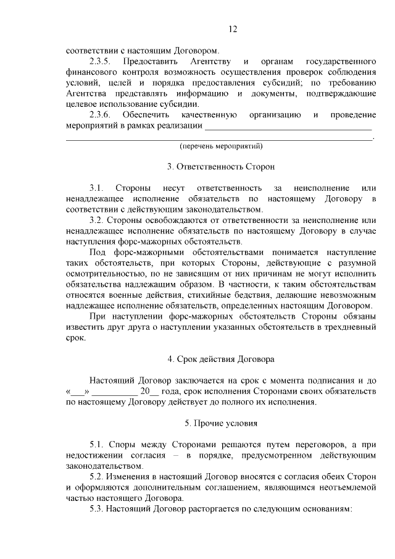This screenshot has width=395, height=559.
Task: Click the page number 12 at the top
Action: [233, 29]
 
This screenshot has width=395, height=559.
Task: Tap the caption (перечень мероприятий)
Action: [221, 147]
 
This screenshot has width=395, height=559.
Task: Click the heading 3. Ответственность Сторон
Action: [221, 167]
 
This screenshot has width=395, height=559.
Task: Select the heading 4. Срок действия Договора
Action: [221, 358]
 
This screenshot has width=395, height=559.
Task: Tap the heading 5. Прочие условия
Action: [221, 423]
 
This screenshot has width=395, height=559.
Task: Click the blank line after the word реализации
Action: [289, 127]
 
